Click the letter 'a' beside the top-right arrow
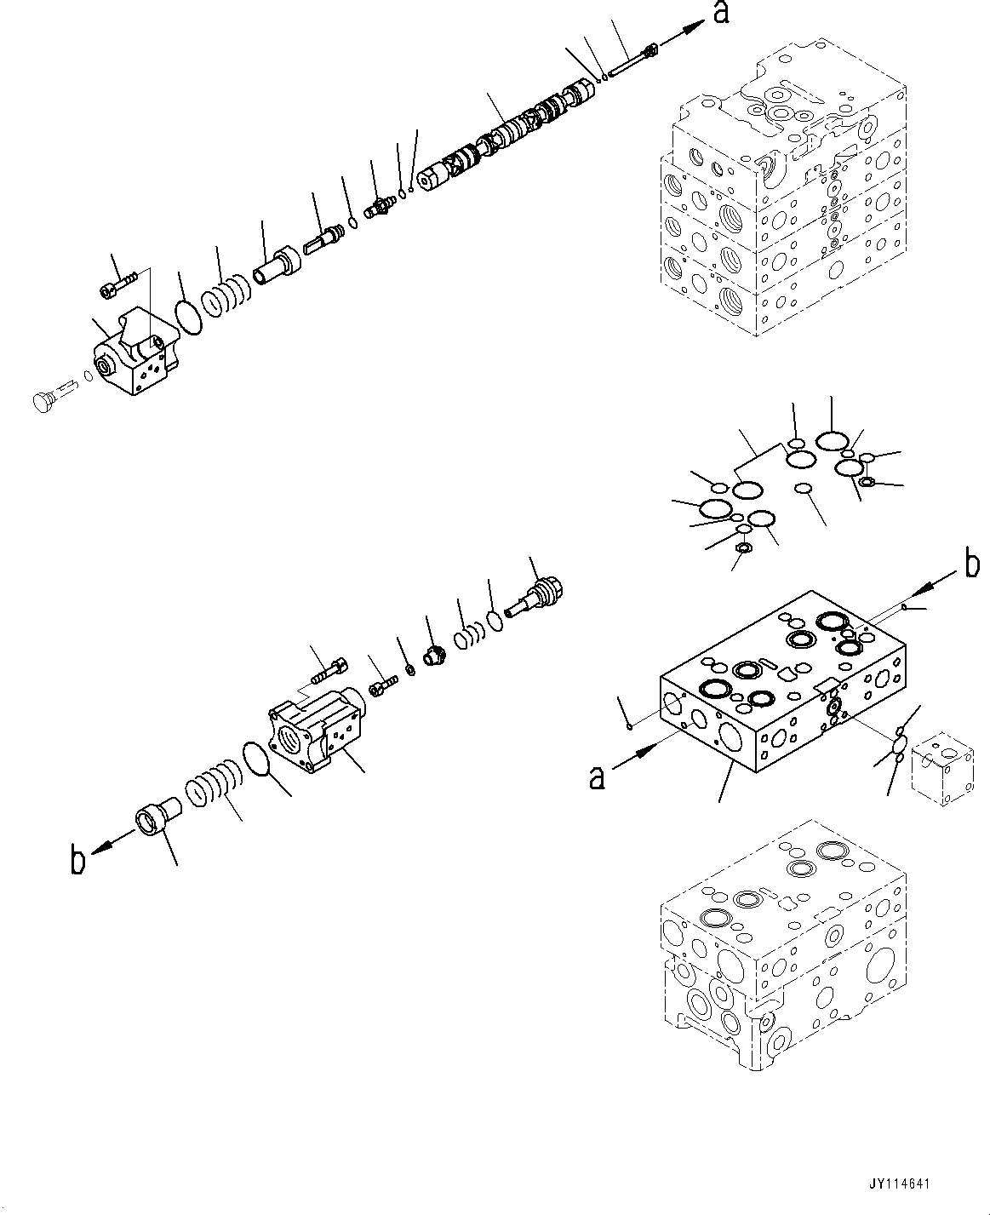[x=721, y=14]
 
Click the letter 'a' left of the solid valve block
[x=598, y=777]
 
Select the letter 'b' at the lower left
[x=77, y=861]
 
